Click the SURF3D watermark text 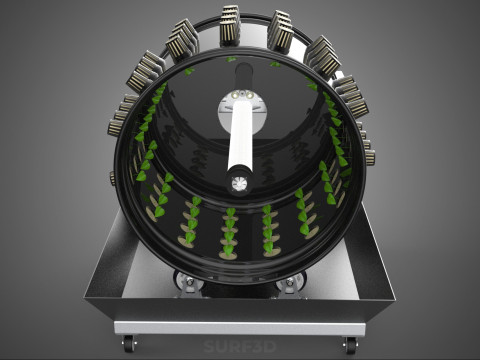(240, 347)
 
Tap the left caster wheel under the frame (129, 344)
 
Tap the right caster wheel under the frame (351, 345)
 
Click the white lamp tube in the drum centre (240, 136)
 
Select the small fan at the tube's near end (239, 183)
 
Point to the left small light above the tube (235, 95)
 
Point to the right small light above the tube (249, 95)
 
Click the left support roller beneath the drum (188, 282)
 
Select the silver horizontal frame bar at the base (240, 328)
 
